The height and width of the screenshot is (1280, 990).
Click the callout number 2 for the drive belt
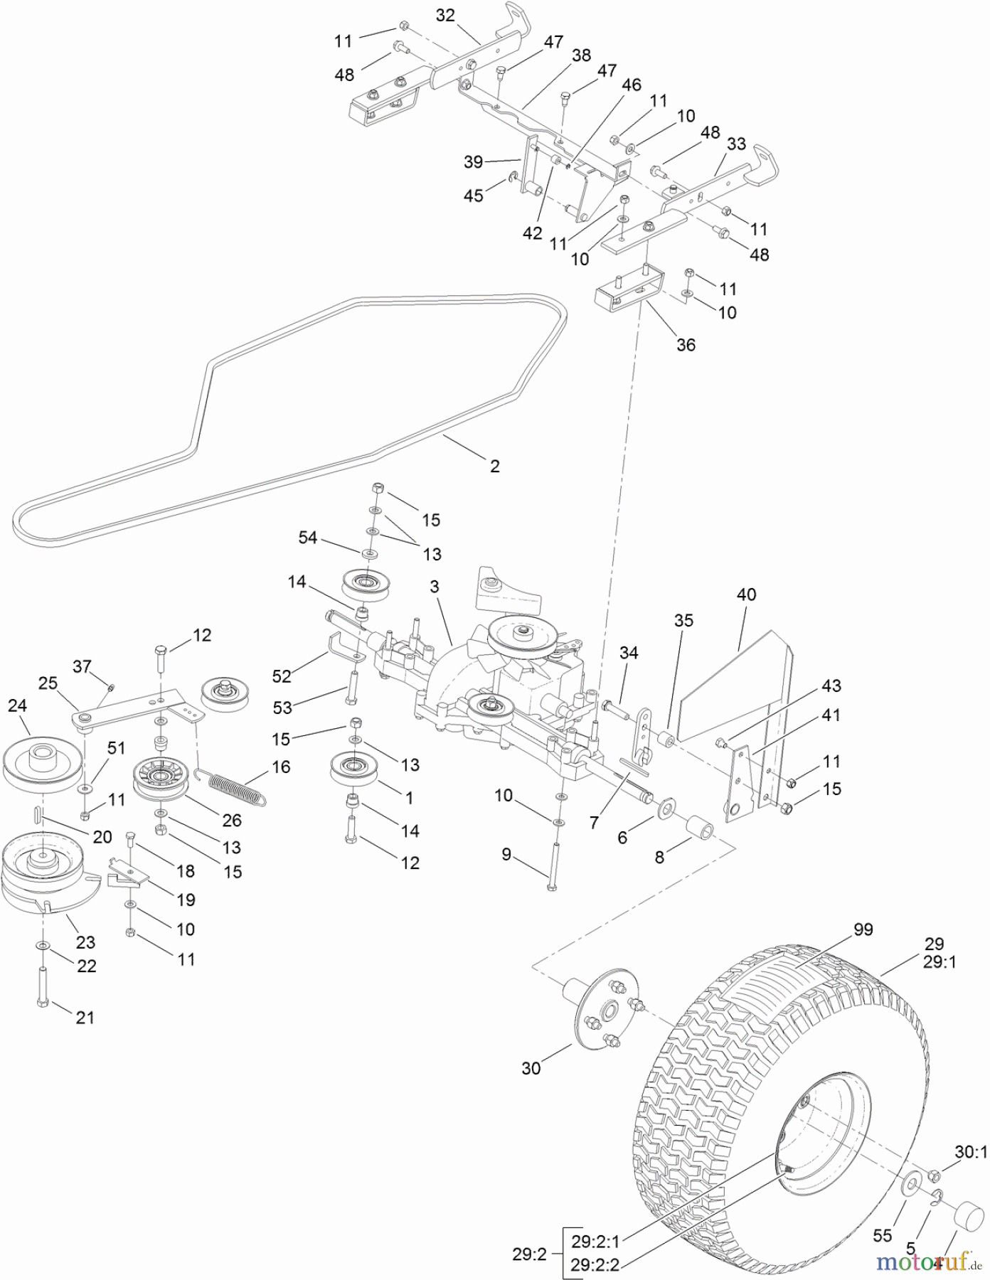(x=495, y=466)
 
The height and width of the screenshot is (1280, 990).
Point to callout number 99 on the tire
(x=863, y=929)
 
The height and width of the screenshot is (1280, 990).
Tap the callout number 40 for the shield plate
(x=746, y=594)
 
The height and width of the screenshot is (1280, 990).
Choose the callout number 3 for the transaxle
(x=434, y=587)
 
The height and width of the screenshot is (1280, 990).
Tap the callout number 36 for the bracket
(x=686, y=345)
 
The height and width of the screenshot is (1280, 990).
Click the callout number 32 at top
(x=445, y=16)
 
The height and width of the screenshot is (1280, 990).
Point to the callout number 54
(x=308, y=538)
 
